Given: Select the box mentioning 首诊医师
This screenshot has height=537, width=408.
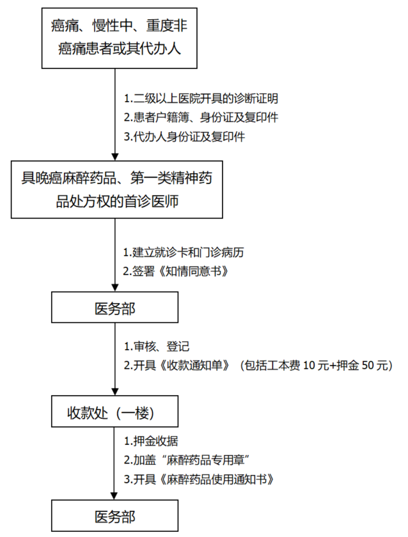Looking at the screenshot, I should (x=115, y=190).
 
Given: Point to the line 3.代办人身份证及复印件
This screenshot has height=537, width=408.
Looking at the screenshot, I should (x=185, y=137).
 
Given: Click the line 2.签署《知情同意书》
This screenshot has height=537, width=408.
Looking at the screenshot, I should (x=177, y=271).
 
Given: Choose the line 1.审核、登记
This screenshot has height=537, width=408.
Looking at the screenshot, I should (x=157, y=346).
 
